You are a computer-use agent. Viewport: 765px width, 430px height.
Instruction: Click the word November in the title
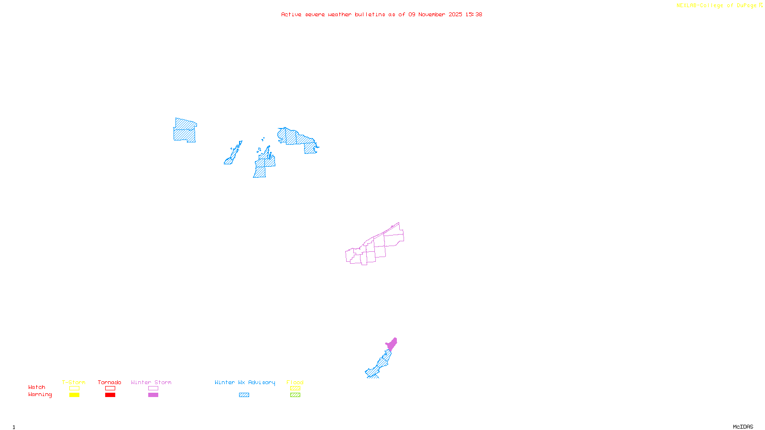tap(432, 15)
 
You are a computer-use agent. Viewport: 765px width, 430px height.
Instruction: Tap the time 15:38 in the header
tap(474, 15)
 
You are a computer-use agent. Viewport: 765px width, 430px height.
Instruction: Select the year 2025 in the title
tap(455, 15)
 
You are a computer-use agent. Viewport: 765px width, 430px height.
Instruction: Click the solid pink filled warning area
tap(392, 344)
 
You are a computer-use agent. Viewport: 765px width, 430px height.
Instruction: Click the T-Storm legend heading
tap(74, 382)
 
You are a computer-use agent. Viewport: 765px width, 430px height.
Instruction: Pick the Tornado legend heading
tap(109, 382)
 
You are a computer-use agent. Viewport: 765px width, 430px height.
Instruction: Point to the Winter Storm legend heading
tap(151, 382)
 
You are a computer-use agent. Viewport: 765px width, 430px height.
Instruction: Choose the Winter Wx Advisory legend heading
tap(245, 382)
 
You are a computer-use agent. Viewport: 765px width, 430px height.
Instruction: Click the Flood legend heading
tap(295, 382)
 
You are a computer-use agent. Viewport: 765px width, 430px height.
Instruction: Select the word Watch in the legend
tap(37, 387)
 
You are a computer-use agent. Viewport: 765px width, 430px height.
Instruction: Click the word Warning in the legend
tap(40, 395)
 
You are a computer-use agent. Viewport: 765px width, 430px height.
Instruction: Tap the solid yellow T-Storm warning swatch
tap(74, 395)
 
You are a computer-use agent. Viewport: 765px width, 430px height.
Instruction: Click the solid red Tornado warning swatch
tap(110, 395)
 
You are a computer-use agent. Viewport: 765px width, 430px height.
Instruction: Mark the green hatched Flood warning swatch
tap(295, 395)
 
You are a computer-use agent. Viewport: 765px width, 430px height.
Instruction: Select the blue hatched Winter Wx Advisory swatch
tap(244, 395)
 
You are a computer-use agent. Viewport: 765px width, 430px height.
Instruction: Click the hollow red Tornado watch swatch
tap(110, 388)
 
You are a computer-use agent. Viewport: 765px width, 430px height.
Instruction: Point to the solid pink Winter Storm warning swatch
tap(153, 395)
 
